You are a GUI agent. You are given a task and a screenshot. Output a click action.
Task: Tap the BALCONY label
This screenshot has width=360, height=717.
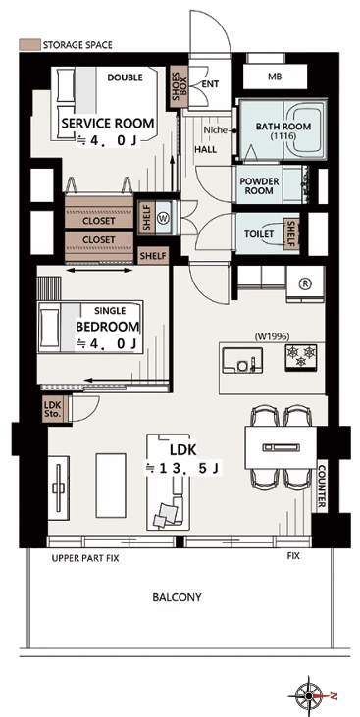tap(177, 597)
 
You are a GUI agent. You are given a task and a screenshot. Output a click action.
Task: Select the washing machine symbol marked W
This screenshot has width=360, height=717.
tap(163, 218)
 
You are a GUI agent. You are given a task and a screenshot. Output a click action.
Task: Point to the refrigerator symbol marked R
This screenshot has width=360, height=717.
tap(305, 284)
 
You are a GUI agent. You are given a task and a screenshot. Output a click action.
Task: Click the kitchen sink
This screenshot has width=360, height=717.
tap(242, 360)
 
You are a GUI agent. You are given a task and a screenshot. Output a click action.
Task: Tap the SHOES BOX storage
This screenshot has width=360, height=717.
tap(179, 86)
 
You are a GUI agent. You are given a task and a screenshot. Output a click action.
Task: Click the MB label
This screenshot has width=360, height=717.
tap(275, 77)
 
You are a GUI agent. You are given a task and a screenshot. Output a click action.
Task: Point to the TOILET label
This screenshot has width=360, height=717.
tap(259, 234)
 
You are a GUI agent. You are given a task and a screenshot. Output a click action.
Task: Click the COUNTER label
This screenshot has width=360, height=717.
tap(322, 487)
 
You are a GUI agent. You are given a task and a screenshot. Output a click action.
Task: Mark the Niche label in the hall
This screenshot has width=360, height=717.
tap(216, 130)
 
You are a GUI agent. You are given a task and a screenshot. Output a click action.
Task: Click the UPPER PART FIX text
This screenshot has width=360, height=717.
tap(85, 558)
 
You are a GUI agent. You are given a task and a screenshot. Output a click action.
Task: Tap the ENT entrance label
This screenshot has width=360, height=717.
tap(210, 84)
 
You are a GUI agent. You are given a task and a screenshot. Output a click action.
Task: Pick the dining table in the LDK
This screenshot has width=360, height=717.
tap(281, 447)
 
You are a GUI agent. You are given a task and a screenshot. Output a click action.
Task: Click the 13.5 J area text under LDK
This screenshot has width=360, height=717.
tap(183, 468)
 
